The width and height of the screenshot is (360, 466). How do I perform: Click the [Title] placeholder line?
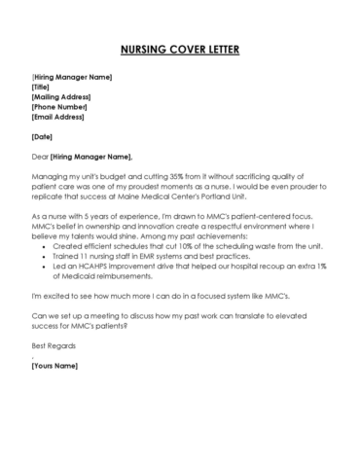click(x=40, y=86)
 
